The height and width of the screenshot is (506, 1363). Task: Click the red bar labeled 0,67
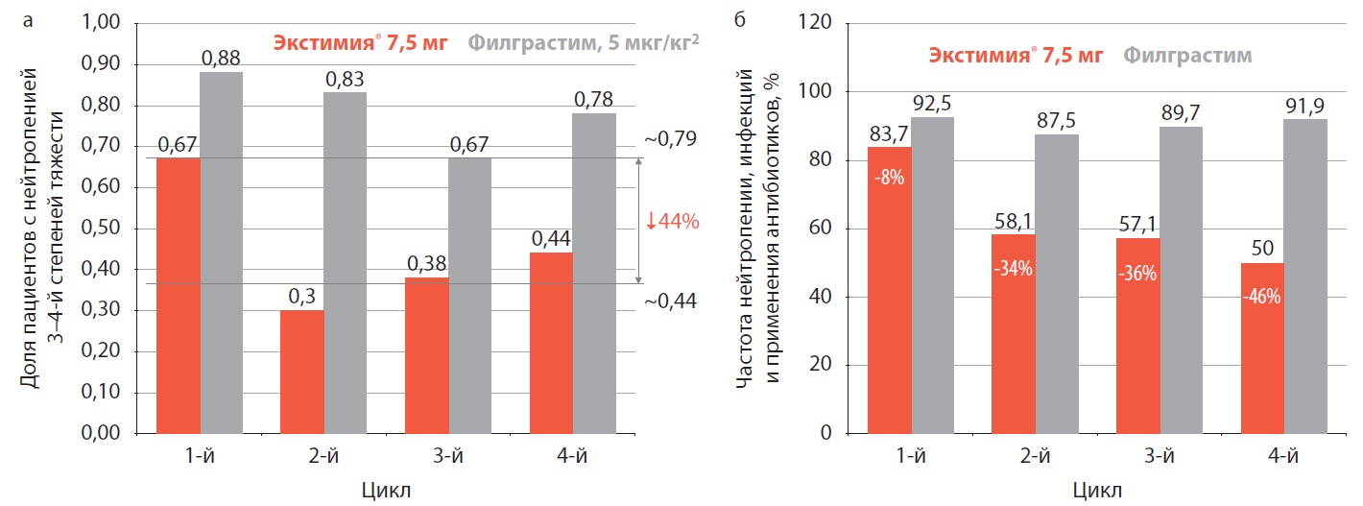pos(179,295)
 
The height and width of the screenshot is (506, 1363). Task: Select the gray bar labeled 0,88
pos(221,253)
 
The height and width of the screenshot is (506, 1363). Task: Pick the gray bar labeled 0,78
pos(594,273)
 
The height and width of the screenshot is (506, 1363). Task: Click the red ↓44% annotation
pos(672,221)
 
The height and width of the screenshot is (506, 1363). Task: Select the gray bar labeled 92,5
pos(933,275)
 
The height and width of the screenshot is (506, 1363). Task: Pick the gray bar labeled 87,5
pos(1056,283)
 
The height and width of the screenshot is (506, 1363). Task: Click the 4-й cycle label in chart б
pos(1282,456)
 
